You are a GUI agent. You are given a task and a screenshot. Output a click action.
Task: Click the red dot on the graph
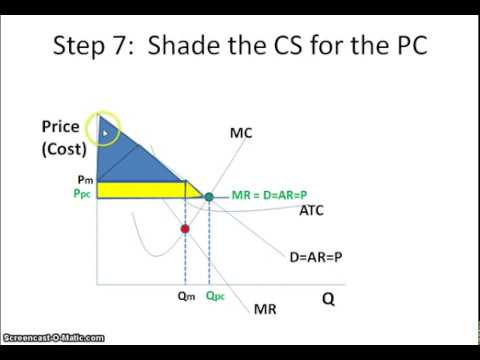tap(185, 229)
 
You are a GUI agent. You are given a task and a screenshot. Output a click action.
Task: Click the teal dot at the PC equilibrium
tap(209, 197)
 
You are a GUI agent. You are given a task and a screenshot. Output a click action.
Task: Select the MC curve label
tap(241, 132)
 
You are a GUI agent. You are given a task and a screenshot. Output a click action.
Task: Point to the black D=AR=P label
tap(314, 257)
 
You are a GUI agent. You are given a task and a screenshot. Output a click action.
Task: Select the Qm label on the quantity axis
tap(184, 296)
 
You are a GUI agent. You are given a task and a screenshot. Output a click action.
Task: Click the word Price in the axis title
tap(60, 127)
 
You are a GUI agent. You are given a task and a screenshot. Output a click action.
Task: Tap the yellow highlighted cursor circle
tap(105, 128)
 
